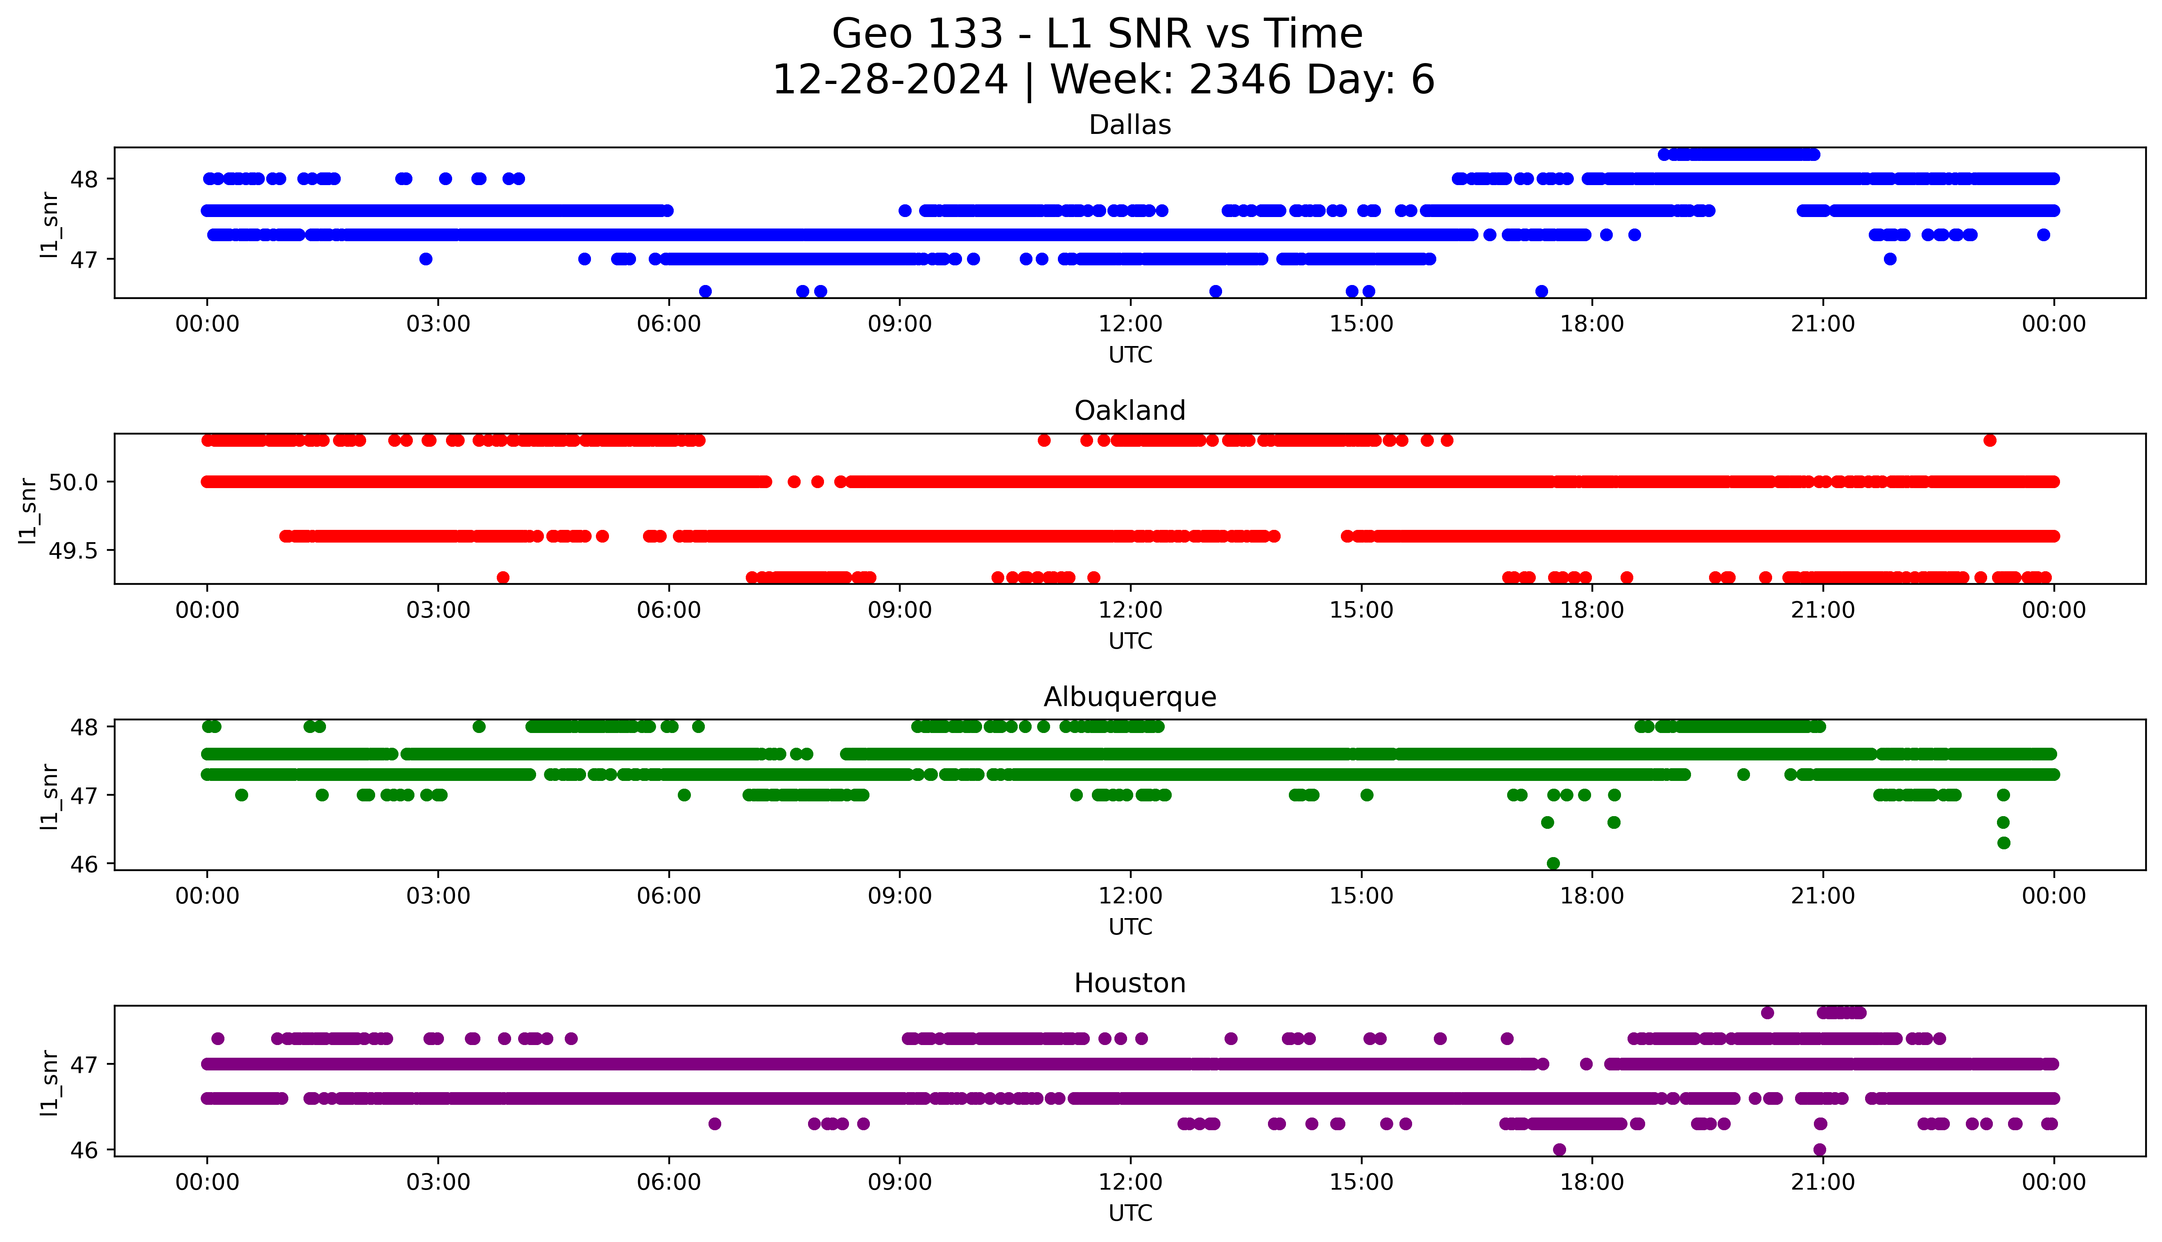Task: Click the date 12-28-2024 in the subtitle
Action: [890, 80]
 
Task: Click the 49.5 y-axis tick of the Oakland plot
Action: [73, 551]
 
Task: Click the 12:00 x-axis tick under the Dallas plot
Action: [1130, 324]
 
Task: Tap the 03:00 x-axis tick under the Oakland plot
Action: [438, 611]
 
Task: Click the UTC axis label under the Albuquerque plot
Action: [1130, 927]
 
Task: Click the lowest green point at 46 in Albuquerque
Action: [1553, 863]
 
